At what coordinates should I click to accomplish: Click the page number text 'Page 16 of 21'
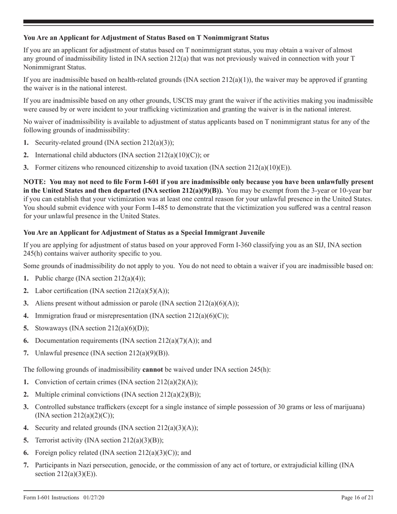click(x=357, y=497)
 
